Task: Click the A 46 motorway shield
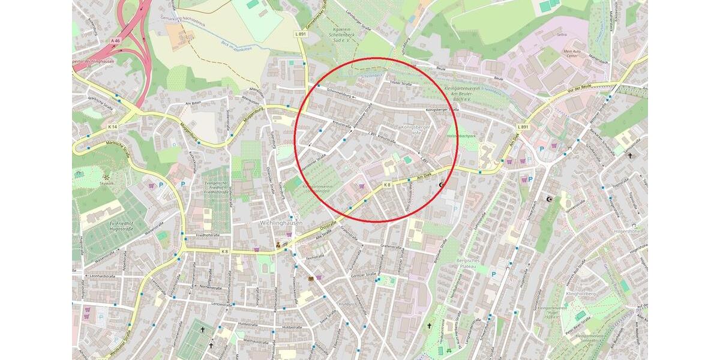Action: coord(115,40)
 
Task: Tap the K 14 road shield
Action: coord(112,127)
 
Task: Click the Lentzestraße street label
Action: coord(221,305)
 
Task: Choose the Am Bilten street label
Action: coord(192,103)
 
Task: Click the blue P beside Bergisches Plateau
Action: coord(493,274)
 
